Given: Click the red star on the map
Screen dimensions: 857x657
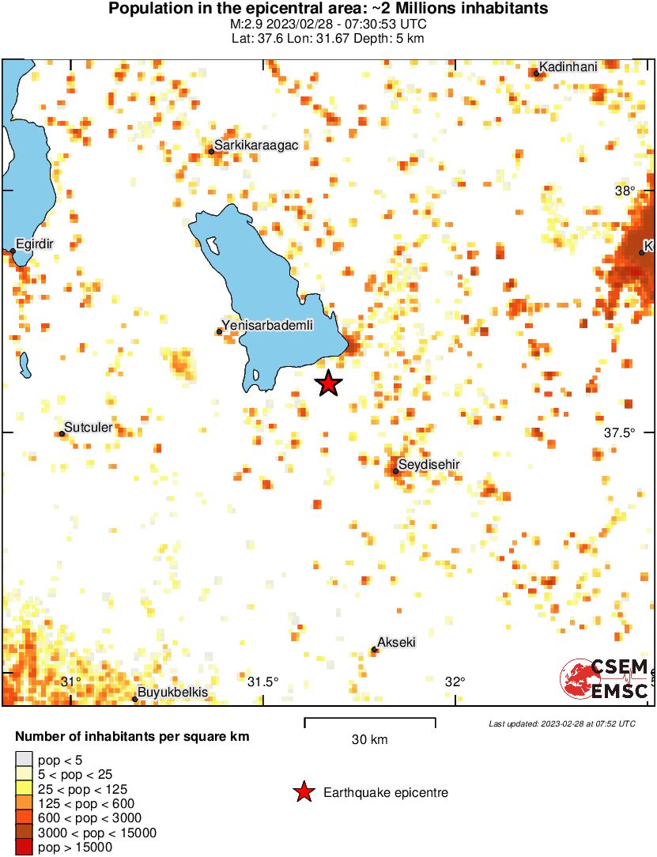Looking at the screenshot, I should (329, 383).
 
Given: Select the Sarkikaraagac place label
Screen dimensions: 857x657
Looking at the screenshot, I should (255, 145).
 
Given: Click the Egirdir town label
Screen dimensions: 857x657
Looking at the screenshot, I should (35, 244).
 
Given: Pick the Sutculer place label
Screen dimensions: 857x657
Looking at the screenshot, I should (88, 428).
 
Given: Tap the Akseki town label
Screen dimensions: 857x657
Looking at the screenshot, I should (397, 642).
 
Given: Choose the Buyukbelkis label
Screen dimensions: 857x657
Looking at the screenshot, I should (173, 693).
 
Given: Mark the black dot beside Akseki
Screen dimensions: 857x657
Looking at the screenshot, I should (375, 650).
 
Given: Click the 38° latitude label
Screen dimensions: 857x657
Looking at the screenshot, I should (626, 191).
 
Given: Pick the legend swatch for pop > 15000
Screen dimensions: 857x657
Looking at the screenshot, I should (25, 847).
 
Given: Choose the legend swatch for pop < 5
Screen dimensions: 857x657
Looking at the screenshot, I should (25, 761).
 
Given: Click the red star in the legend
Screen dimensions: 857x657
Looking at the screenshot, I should (303, 792).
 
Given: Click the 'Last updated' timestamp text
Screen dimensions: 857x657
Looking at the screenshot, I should (561, 723).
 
